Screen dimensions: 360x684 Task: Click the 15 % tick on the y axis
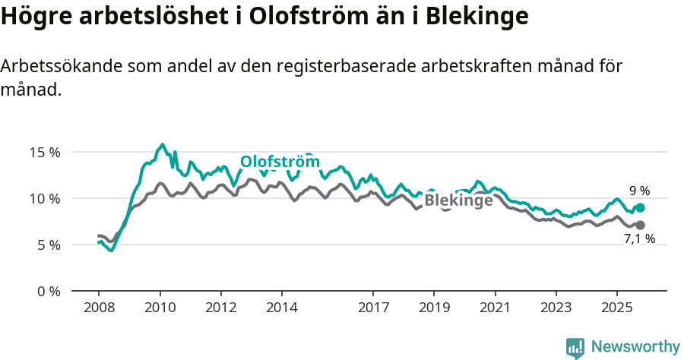(x=43, y=152)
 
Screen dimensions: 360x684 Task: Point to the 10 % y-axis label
(x=43, y=198)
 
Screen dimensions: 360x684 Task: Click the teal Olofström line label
(x=280, y=162)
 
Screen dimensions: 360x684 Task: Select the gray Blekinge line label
(x=458, y=201)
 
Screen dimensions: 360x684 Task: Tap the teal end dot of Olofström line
(x=640, y=207)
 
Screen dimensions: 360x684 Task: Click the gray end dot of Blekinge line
(x=640, y=225)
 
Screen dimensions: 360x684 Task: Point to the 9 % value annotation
(x=639, y=191)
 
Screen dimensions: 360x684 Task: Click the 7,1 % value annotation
(x=639, y=239)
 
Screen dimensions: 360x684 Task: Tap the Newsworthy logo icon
(x=575, y=347)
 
